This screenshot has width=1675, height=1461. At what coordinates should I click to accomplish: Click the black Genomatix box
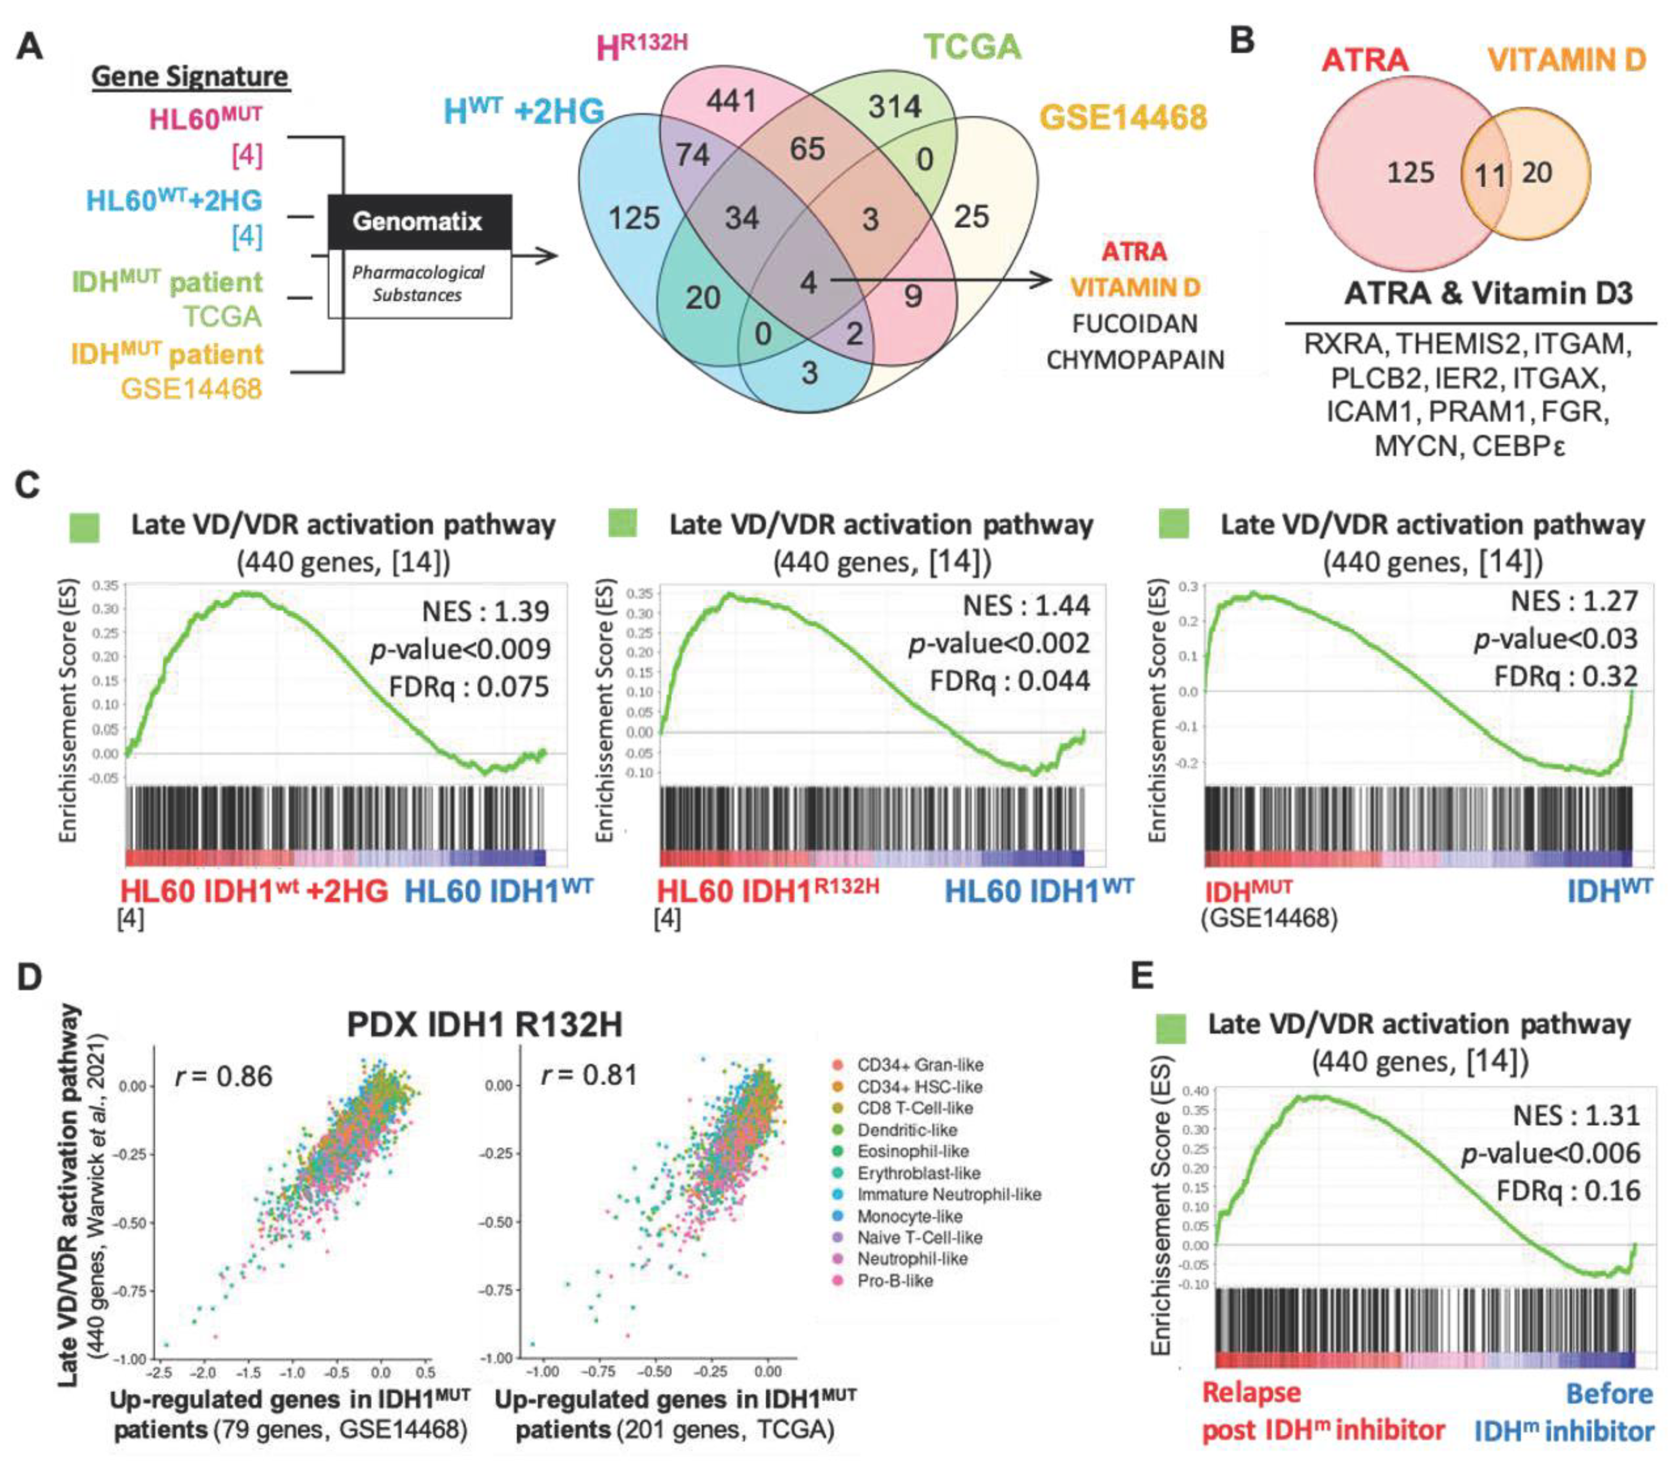pyautogui.click(x=419, y=221)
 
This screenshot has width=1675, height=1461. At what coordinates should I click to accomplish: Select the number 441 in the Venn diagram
pyautogui.click(x=731, y=102)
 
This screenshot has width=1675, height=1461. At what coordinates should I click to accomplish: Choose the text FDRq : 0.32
pyautogui.click(x=1565, y=676)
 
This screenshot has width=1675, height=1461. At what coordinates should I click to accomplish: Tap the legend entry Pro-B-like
pyautogui.click(x=894, y=1281)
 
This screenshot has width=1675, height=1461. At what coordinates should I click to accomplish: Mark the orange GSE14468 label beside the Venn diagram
pyautogui.click(x=1124, y=117)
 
